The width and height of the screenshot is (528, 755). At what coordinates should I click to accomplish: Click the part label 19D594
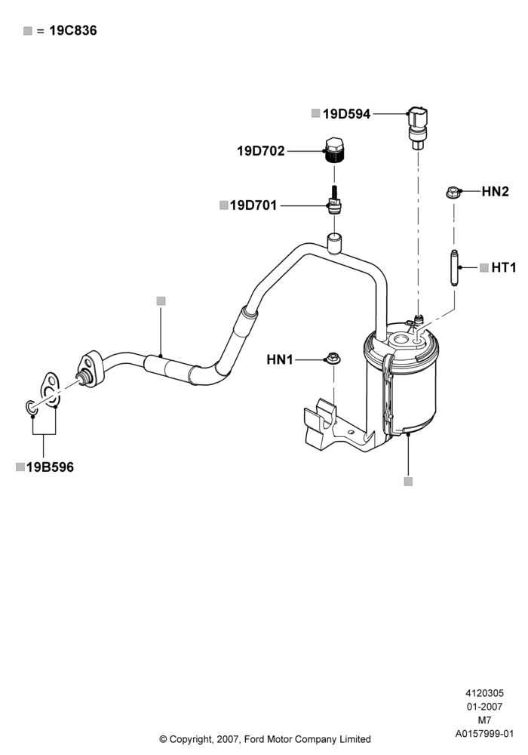pyautogui.click(x=346, y=114)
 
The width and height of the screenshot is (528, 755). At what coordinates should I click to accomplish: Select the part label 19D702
pyautogui.click(x=261, y=151)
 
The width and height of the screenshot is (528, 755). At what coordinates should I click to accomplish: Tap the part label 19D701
pyautogui.click(x=253, y=205)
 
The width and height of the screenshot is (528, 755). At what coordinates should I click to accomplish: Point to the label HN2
pyautogui.click(x=495, y=192)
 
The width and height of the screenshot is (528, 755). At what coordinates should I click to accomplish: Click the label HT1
pyautogui.click(x=503, y=268)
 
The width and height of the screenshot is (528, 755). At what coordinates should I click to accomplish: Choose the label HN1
pyautogui.click(x=280, y=359)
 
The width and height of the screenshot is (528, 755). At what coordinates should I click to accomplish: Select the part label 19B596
pyautogui.click(x=50, y=467)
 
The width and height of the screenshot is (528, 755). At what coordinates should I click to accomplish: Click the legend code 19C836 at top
pyautogui.click(x=73, y=31)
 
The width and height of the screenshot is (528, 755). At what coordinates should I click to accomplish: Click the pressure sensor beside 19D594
pyautogui.click(x=417, y=127)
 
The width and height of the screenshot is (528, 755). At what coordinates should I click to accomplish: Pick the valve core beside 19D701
pyautogui.click(x=334, y=201)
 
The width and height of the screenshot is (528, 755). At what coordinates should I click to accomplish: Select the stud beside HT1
pyautogui.click(x=454, y=268)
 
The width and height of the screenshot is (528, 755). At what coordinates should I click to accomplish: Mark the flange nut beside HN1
pyautogui.click(x=333, y=359)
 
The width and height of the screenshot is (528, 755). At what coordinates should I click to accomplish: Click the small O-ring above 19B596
pyautogui.click(x=31, y=408)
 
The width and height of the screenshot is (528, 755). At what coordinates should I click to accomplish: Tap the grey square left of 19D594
pyautogui.click(x=315, y=114)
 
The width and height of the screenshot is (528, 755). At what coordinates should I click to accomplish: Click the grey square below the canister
pyautogui.click(x=408, y=482)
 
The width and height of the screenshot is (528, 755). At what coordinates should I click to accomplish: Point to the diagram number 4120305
pyautogui.click(x=484, y=693)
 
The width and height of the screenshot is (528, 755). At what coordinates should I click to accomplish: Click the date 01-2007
pyautogui.click(x=484, y=707)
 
